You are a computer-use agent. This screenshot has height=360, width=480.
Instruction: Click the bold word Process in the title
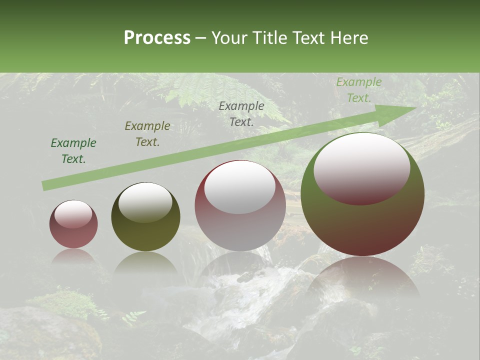click(157, 38)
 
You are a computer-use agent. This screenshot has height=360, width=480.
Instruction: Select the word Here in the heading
click(348, 38)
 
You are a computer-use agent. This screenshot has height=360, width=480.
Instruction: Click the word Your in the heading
click(230, 38)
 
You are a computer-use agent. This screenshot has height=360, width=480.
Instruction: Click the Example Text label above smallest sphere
click(73, 151)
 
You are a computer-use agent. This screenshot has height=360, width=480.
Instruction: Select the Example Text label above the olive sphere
click(147, 134)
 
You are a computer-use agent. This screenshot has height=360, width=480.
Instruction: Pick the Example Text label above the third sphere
click(241, 113)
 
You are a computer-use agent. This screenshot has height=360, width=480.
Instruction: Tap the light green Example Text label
click(359, 90)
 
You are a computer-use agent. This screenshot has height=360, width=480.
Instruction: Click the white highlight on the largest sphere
click(361, 167)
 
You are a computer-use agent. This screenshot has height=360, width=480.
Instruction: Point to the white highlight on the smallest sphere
click(73, 214)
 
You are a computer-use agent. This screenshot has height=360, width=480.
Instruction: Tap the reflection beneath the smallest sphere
click(73, 256)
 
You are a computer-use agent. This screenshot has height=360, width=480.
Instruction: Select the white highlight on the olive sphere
click(145, 201)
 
